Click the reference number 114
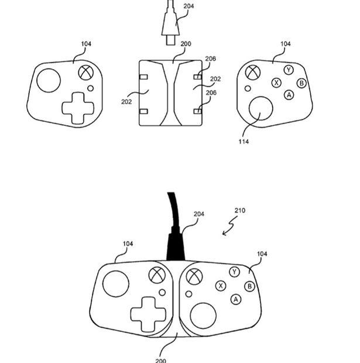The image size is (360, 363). [244, 141]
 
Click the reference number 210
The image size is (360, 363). [239, 211]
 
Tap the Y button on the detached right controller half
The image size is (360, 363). [288, 70]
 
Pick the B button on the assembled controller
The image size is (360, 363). [249, 286]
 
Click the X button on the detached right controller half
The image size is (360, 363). [276, 83]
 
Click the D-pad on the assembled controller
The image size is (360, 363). [146, 313]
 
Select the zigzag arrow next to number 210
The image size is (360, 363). [229, 226]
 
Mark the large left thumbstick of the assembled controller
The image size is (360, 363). [116, 283]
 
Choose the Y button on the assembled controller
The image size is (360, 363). [234, 272]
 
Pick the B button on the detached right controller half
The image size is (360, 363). [301, 83]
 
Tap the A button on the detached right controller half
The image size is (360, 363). [289, 95]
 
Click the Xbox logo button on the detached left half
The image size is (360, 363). [87, 73]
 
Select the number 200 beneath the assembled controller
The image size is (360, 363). [160, 359]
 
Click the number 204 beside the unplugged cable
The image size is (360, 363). [188, 6]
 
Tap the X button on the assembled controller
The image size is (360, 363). [221, 286]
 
